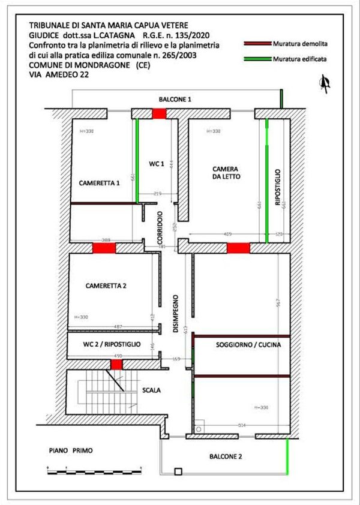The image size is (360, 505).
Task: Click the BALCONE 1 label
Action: click(175, 99)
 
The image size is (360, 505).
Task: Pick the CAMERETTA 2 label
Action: click(106, 285)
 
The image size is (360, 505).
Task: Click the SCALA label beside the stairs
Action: click(151, 390)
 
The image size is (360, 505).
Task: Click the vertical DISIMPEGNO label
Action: click(176, 314)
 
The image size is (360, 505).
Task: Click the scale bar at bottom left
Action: click(93, 471)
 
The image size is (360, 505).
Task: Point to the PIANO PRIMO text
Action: click(71, 449)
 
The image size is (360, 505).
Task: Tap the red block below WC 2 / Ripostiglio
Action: click(116, 365)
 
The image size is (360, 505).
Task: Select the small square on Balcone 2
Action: click(178, 471)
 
